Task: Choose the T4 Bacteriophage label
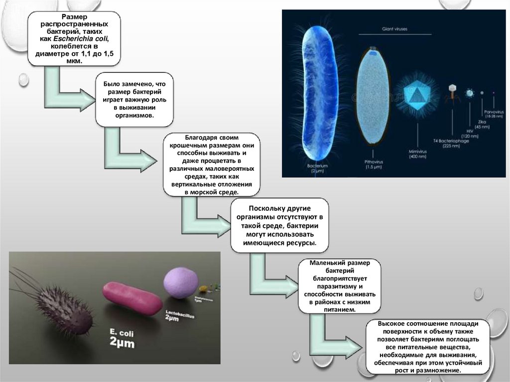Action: click(x=451, y=142)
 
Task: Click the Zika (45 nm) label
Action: click(x=482, y=124)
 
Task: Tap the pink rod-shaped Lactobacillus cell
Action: click(x=132, y=297)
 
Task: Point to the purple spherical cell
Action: click(x=180, y=282)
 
